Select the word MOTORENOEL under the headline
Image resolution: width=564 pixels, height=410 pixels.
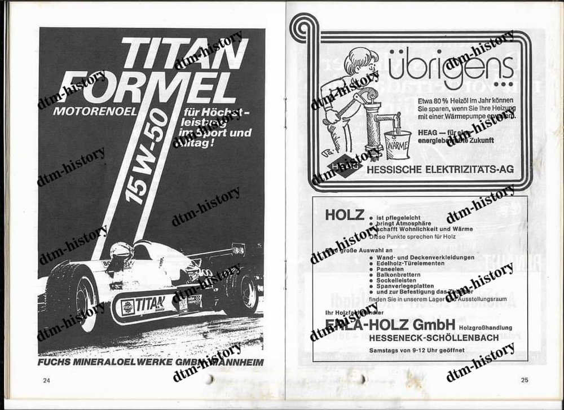[x=95, y=111]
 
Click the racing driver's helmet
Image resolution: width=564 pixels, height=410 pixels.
[x=120, y=253]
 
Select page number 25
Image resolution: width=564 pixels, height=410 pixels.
[x=524, y=380]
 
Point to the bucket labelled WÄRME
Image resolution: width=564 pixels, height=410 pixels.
[x=399, y=146]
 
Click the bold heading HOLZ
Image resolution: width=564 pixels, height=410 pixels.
[x=342, y=215]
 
